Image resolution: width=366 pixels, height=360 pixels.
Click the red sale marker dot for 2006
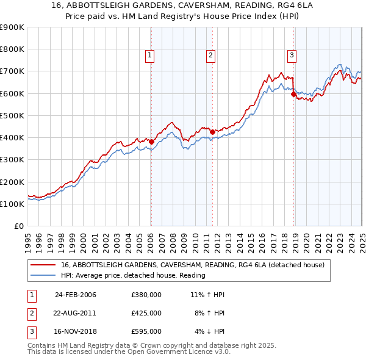coord(151,142)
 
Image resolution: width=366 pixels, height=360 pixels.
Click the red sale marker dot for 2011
coord(212,132)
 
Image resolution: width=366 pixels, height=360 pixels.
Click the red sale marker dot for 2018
coord(293,95)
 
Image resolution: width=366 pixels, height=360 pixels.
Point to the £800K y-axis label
coord(12,49)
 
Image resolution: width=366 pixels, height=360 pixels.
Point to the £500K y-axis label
coord(12,115)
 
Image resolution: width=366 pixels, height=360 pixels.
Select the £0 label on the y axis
coord(19,226)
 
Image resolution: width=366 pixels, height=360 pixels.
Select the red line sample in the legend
coord(43,265)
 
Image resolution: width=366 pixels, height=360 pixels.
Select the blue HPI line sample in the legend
coord(43,275)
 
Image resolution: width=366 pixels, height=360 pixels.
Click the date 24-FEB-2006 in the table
coord(76,295)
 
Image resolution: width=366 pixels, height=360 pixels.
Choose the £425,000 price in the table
coord(146,313)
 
